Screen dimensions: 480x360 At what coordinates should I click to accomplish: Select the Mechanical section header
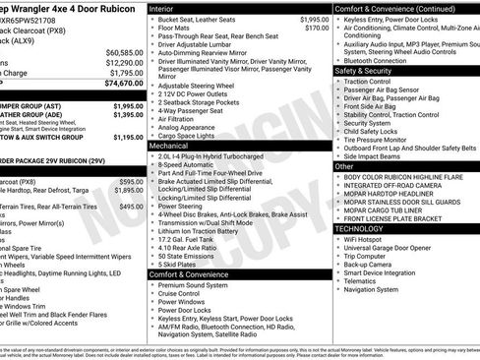[169, 145]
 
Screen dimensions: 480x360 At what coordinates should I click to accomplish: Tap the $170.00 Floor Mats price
[317, 29]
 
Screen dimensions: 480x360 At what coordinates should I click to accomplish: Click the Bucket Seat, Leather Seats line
[196, 20]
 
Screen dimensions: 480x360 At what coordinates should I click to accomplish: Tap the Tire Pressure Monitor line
[380, 140]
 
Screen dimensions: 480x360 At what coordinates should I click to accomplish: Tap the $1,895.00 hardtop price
[130, 191]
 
